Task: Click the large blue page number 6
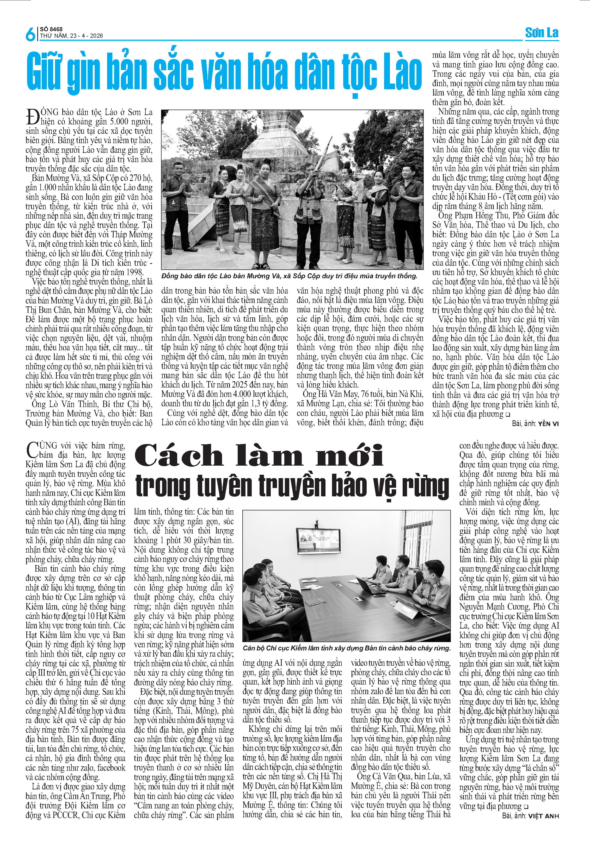coord(30,34)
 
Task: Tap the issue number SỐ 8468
coord(51,29)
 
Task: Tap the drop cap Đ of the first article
coord(33,116)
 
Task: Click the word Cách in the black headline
coord(178,456)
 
